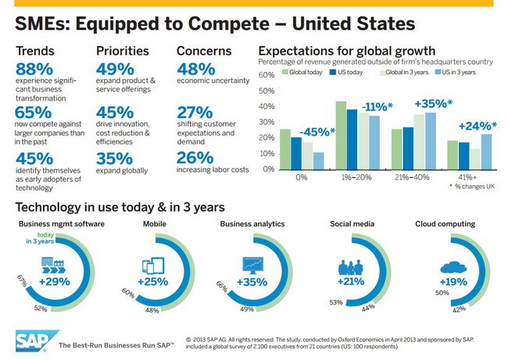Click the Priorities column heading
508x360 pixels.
[x=122, y=51]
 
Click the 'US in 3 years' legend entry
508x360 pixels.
[x=456, y=73]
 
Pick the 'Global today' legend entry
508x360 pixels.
[x=304, y=73]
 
